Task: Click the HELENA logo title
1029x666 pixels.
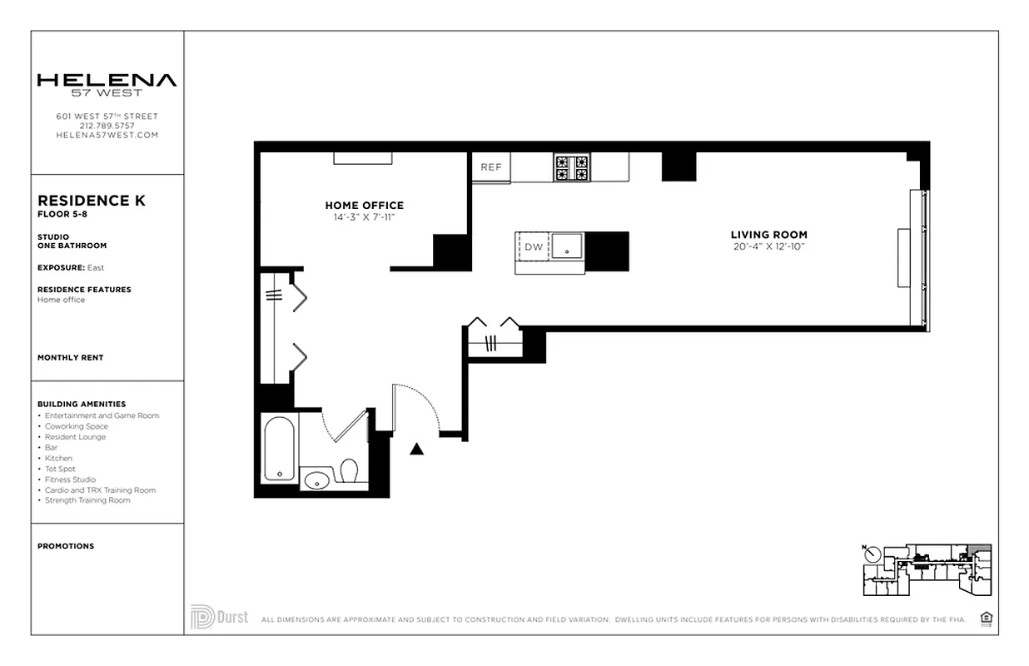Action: [107, 81]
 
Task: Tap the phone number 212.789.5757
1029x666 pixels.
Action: [107, 126]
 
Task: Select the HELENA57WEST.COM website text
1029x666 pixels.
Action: [107, 135]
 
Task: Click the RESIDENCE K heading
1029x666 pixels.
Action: [92, 201]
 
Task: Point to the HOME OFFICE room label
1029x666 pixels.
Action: [364, 206]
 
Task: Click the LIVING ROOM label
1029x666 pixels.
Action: [768, 235]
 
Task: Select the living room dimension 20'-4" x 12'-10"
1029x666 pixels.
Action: [768, 246]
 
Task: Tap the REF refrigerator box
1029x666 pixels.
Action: [491, 167]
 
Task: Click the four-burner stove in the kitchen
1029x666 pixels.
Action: [572, 168]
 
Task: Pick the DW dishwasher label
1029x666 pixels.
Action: [533, 247]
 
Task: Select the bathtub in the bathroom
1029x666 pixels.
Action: [279, 449]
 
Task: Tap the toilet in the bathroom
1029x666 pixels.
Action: [349, 472]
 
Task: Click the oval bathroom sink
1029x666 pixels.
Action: [316, 480]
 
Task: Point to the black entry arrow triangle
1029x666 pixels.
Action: [417, 450]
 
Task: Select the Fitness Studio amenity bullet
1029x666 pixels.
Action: [70, 480]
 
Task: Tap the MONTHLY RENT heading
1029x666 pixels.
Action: [71, 358]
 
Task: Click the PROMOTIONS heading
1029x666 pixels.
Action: [66, 546]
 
